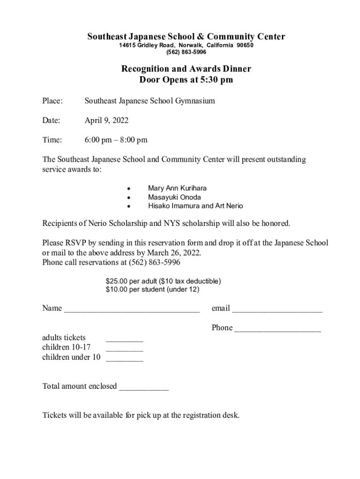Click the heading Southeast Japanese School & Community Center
(x=186, y=36)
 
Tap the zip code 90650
(x=245, y=45)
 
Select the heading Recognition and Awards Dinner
(x=186, y=69)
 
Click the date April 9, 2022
(x=107, y=120)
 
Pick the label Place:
(x=53, y=100)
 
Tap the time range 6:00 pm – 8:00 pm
(x=116, y=140)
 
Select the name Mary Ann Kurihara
(x=177, y=188)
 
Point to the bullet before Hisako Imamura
(x=128, y=206)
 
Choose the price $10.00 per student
(x=136, y=290)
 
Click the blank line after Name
(x=132, y=310)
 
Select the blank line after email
(x=277, y=310)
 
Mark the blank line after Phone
(x=278, y=329)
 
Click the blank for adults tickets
(x=124, y=340)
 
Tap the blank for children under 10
(x=124, y=359)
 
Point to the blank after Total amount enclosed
(x=144, y=388)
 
